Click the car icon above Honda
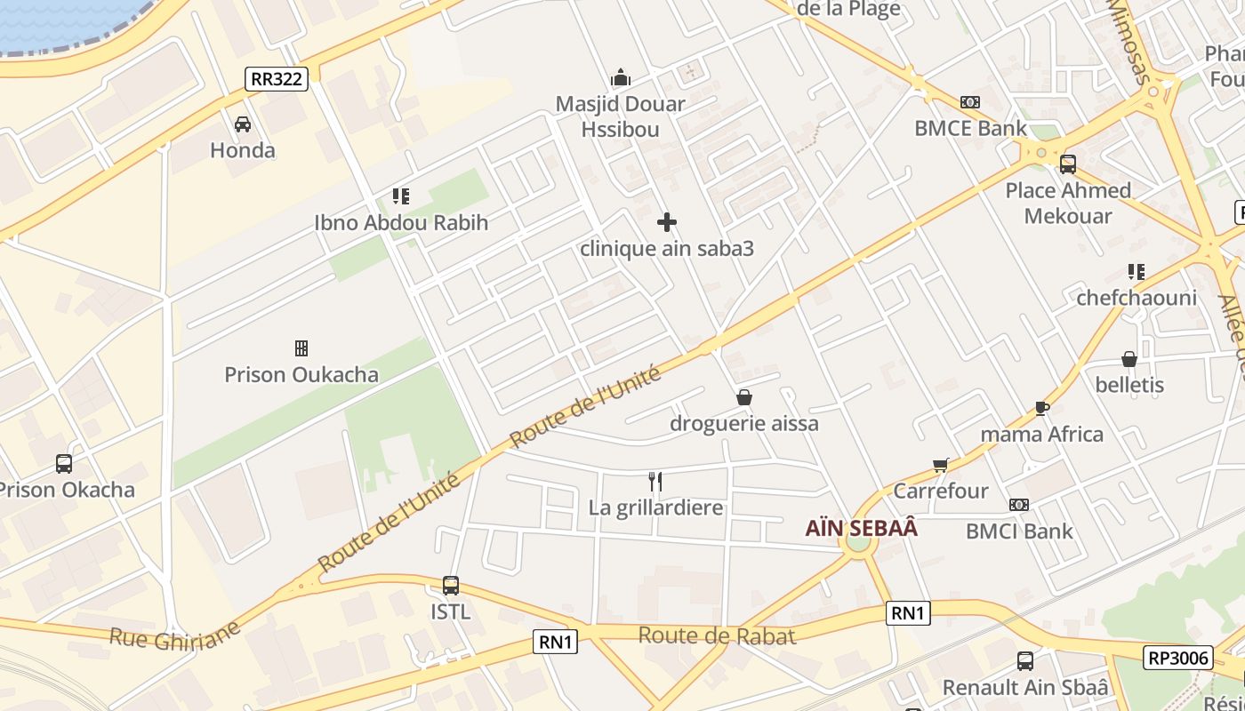click(242, 124)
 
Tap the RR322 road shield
click(277, 79)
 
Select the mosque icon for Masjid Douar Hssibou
click(621, 78)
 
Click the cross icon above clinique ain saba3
click(666, 222)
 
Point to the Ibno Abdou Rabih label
click(401, 222)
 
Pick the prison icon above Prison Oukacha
click(301, 348)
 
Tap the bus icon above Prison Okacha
click(64, 464)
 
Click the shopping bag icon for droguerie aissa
click(743, 397)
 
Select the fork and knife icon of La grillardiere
click(655, 482)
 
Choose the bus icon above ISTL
click(451, 586)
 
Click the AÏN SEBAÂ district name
click(861, 529)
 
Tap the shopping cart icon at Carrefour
click(941, 465)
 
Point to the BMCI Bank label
click(1019, 531)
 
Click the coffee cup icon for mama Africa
click(1042, 409)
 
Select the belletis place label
click(1129, 386)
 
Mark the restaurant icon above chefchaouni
click(1136, 272)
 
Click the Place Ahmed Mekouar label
click(1068, 204)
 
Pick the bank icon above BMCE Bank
click(969, 102)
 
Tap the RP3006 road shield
click(1178, 658)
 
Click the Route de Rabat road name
click(717, 635)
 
